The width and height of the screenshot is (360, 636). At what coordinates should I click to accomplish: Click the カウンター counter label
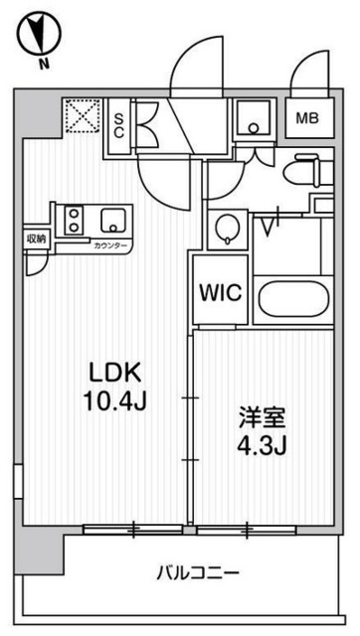pos(108,244)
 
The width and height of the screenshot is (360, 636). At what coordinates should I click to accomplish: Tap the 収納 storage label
pos(36,238)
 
